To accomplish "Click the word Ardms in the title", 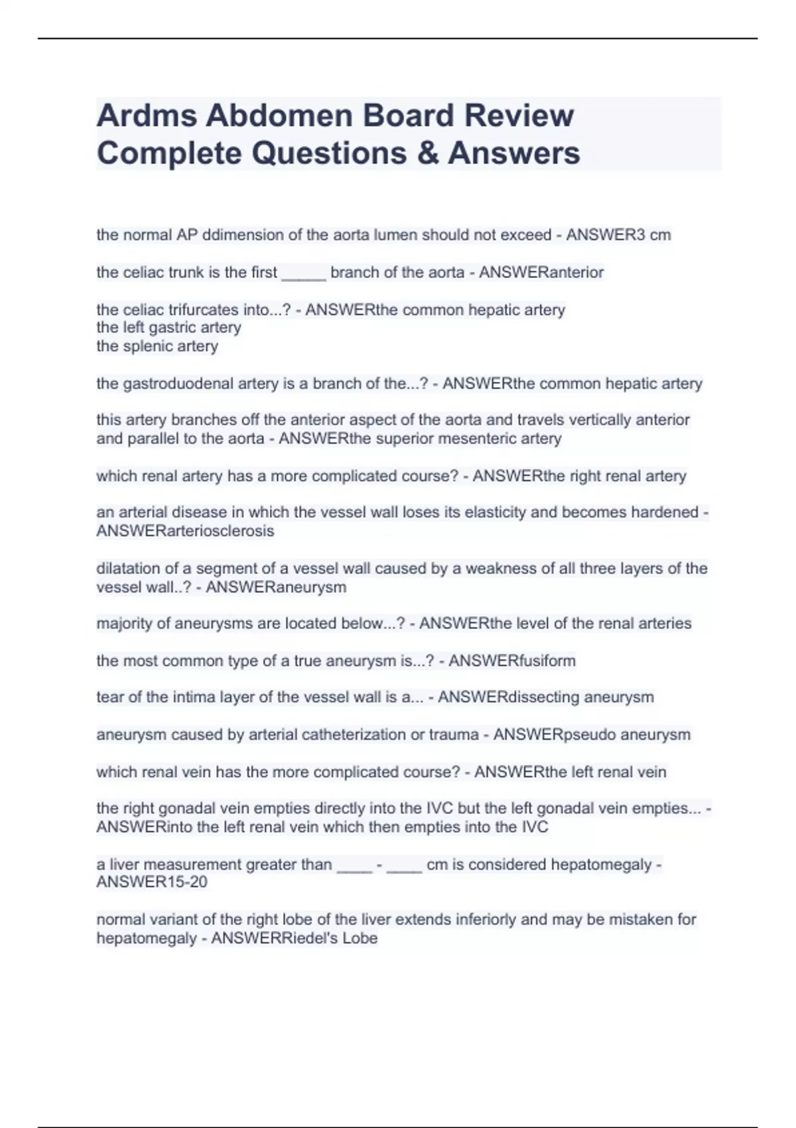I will click(x=147, y=115).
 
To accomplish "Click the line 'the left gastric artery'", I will click(x=168, y=328).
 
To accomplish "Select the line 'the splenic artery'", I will click(x=157, y=346).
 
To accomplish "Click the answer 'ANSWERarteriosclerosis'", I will click(x=185, y=531).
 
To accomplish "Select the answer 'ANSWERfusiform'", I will click(x=512, y=661).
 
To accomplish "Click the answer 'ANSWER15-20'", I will click(x=152, y=882).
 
